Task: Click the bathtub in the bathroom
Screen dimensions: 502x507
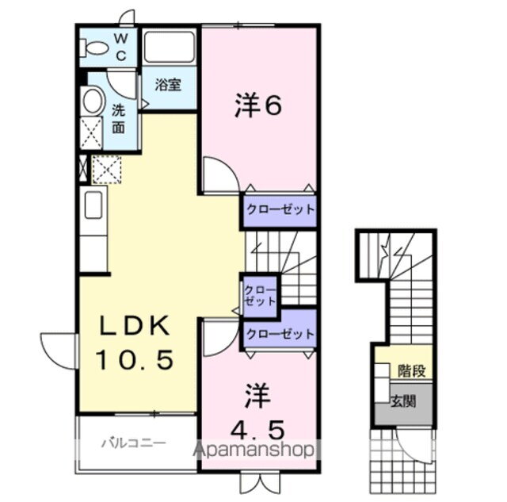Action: pyautogui.click(x=170, y=48)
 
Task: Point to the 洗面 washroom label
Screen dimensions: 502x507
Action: pyautogui.click(x=118, y=118)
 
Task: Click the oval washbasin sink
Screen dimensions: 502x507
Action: pyautogui.click(x=93, y=101)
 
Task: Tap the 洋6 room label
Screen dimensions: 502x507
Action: pyautogui.click(x=258, y=107)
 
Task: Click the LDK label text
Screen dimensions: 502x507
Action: pyautogui.click(x=135, y=326)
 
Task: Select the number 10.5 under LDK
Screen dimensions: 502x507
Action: pyautogui.click(x=135, y=360)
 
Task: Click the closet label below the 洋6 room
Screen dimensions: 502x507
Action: pyautogui.click(x=279, y=211)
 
